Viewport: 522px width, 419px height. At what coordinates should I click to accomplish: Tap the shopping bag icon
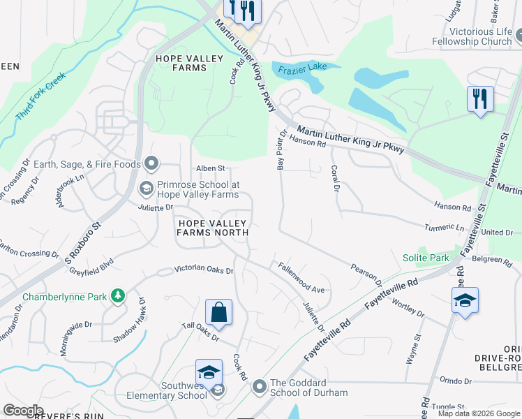point(218,314)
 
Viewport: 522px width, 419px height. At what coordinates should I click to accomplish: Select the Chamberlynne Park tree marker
point(119,296)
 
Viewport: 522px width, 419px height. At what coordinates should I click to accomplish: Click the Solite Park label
point(426,258)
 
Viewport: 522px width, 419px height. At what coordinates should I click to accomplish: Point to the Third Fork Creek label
point(40,95)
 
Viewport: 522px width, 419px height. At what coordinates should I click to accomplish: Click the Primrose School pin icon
point(147,187)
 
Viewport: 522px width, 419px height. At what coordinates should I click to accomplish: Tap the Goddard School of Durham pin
point(260,386)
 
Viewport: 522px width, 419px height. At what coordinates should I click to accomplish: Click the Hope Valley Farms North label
point(213,228)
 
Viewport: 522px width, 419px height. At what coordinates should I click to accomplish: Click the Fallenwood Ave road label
point(301,277)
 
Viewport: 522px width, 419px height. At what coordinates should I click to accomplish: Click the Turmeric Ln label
point(446,228)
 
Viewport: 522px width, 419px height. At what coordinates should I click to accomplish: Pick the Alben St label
point(210,168)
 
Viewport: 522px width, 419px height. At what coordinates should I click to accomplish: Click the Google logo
point(23,410)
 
